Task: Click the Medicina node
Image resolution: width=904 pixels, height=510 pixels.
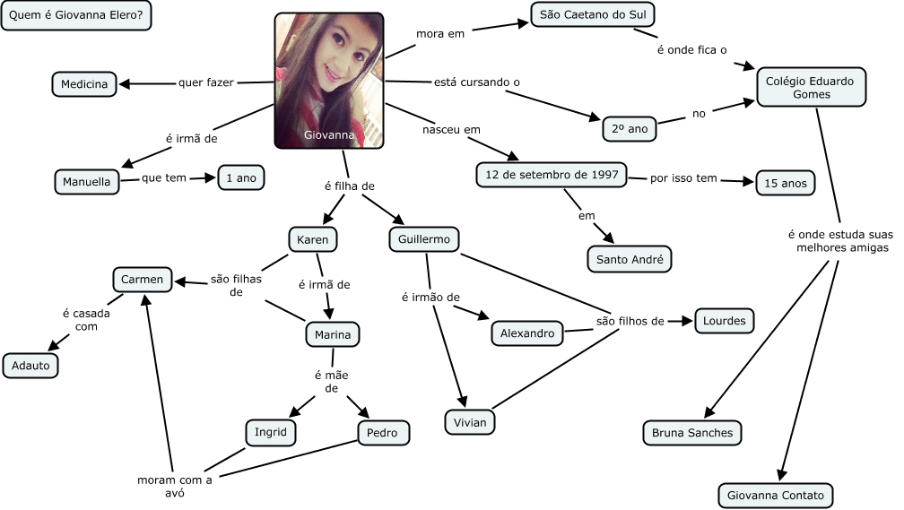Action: coord(84,84)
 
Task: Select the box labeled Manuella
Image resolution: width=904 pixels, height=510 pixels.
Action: coord(86,181)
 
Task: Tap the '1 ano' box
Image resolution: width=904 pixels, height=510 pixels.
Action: coord(241,178)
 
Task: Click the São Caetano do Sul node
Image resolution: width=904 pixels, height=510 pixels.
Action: coord(594,14)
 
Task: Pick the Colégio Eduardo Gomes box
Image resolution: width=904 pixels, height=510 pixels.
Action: coord(811,87)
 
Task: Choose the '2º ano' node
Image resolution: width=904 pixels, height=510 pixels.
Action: coord(630,128)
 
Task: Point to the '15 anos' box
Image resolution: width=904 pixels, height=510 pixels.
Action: coord(785,183)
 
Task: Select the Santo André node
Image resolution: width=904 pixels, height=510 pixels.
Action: coord(629,260)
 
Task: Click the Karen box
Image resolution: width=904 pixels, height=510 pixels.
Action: coord(313,239)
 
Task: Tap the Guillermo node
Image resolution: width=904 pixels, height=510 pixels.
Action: coord(424,239)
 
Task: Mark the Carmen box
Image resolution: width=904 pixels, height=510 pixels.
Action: coord(142,280)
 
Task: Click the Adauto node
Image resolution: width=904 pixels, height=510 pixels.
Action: coord(30,365)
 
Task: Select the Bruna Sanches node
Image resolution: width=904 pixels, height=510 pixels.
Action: coord(692,433)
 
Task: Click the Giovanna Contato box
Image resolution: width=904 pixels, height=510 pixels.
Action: coord(776,495)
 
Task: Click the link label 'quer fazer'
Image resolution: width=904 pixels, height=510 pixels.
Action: coord(206,82)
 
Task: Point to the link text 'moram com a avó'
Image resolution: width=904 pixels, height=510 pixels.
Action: coord(174,486)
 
